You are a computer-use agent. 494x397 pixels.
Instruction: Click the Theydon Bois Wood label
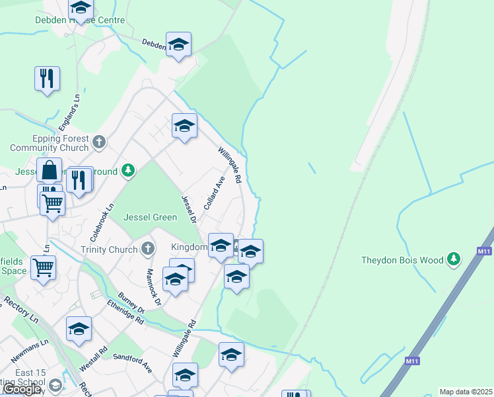pos(402,260)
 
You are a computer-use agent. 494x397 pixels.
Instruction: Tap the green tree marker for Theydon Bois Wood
pos(454,259)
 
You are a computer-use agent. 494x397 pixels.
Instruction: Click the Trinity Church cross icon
pos(148,249)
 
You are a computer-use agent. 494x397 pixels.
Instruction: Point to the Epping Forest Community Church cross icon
pos(99,142)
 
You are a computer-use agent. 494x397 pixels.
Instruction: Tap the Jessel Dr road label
pos(189,208)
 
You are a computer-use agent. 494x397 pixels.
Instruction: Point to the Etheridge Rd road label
pos(125,312)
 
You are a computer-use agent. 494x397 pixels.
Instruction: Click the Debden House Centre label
pos(79,21)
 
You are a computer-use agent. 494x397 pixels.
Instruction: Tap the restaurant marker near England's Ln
pos(47,79)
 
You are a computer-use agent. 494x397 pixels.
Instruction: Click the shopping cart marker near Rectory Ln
pos(44,268)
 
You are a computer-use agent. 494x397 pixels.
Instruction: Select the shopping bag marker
pos(50,171)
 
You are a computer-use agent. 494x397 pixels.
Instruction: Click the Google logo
pos(21,390)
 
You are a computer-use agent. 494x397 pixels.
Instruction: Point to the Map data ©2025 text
pos(466,392)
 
